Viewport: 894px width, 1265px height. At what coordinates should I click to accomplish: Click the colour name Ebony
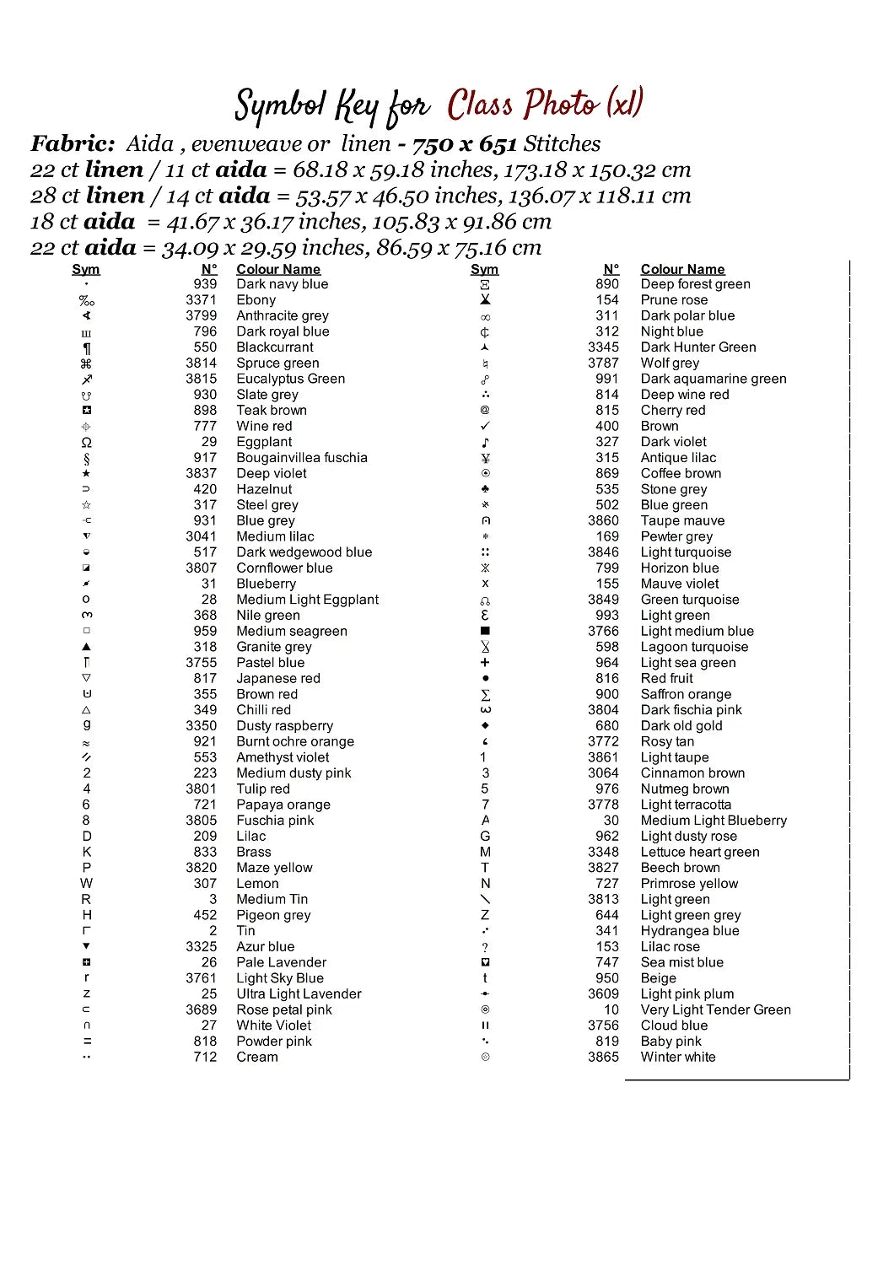(x=256, y=300)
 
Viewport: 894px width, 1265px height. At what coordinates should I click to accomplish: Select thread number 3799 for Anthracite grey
(x=201, y=315)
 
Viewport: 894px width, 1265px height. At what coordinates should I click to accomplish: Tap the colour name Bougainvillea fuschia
(x=301, y=458)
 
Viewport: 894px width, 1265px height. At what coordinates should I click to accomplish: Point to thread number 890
(x=606, y=284)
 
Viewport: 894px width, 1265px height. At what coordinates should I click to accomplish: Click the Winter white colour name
(x=677, y=1058)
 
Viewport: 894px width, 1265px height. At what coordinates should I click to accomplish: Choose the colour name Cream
(x=256, y=1058)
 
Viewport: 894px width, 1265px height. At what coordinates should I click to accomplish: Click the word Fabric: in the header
(x=73, y=144)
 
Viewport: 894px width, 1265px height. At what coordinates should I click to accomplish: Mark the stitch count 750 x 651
(x=464, y=144)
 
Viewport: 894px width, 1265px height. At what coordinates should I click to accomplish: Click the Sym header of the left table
(x=85, y=270)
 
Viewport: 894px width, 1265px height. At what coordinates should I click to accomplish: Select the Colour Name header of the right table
(x=682, y=270)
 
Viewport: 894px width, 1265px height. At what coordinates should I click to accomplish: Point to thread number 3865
(x=603, y=1058)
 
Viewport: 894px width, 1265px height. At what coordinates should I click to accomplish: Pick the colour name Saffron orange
(x=686, y=695)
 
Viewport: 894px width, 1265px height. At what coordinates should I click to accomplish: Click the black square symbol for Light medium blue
(x=485, y=631)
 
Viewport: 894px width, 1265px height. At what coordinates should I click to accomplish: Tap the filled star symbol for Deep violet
(x=86, y=474)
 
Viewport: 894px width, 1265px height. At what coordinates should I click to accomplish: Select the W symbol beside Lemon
(x=86, y=884)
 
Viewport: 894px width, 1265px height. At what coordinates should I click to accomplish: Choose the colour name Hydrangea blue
(x=689, y=931)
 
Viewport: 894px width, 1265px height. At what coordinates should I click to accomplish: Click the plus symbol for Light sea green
(x=485, y=663)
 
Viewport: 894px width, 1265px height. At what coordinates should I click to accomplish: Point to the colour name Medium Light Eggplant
(x=307, y=600)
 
